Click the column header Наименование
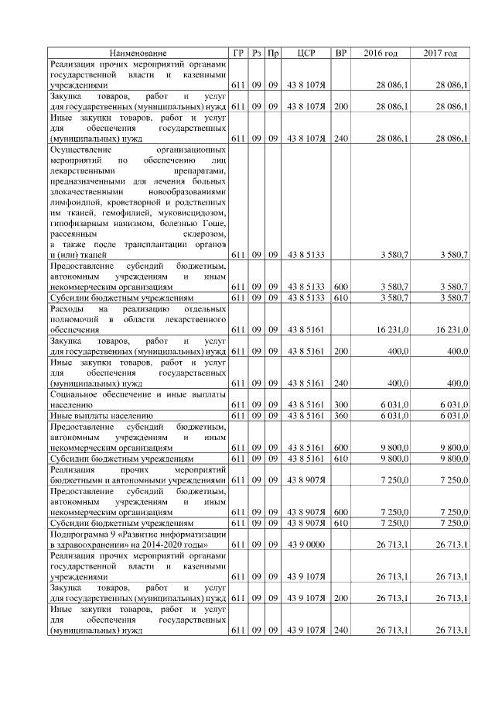pyautogui.click(x=138, y=53)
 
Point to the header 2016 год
pyautogui.click(x=381, y=53)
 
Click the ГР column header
pyautogui.click(x=238, y=53)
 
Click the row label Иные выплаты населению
pyautogui.click(x=95, y=416)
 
